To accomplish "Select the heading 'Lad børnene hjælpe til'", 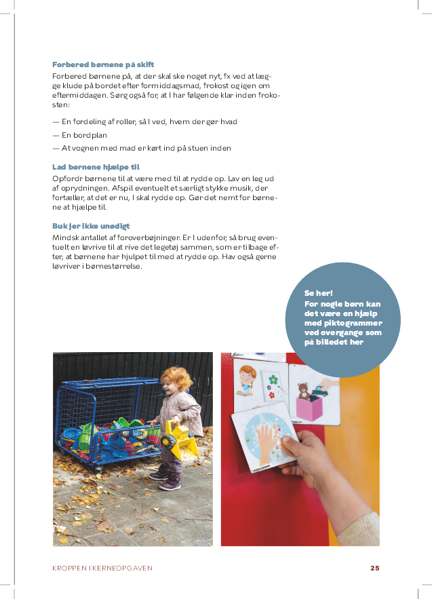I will (x=96, y=166).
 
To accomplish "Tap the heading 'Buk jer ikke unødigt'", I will (x=91, y=226).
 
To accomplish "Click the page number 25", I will (x=374, y=568).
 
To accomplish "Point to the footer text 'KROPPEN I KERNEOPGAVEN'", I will (x=102, y=568).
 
